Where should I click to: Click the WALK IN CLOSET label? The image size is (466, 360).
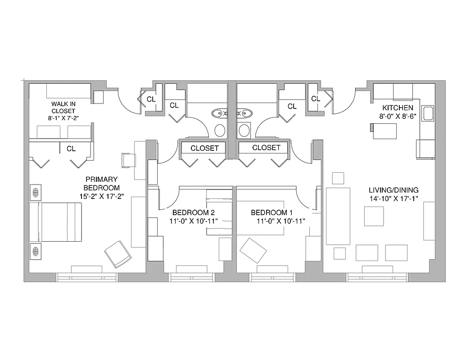pyautogui.click(x=63, y=107)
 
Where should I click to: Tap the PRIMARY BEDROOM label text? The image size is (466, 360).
pyautogui.click(x=101, y=183)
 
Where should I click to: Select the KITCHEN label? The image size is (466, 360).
pyautogui.click(x=398, y=108)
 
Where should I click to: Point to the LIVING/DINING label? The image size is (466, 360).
pyautogui.click(x=394, y=189)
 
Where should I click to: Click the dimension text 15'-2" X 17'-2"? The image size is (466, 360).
pyautogui.click(x=101, y=196)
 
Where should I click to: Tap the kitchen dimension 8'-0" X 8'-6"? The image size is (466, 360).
pyautogui.click(x=398, y=116)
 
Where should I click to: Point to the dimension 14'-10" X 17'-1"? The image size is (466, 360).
pyautogui.click(x=394, y=198)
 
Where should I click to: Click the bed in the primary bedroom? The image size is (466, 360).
pyautogui.click(x=56, y=222)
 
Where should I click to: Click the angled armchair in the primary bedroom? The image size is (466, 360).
pyautogui.click(x=118, y=255)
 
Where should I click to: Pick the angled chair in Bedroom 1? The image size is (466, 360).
pyautogui.click(x=253, y=251)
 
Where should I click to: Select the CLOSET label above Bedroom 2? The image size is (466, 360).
pyautogui.click(x=204, y=148)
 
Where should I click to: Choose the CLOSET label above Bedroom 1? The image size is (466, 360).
pyautogui.click(x=266, y=148)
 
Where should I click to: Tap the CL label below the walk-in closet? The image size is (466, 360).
pyautogui.click(x=71, y=149)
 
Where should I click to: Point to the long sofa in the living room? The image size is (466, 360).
pyautogui.click(x=338, y=216)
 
